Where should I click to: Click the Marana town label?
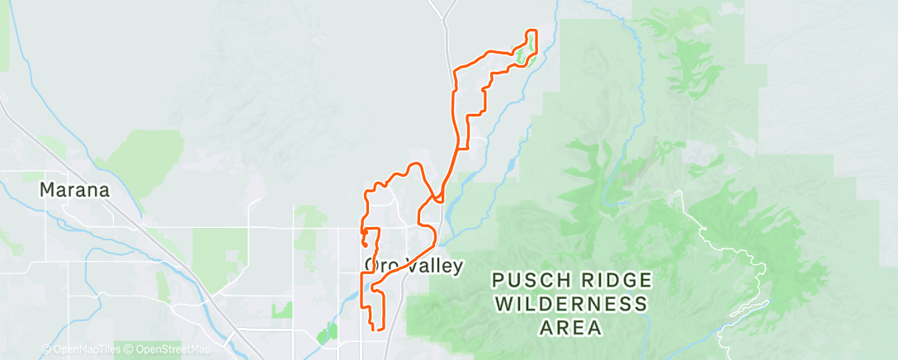tap(74, 190)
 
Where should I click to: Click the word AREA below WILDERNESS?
tap(569, 328)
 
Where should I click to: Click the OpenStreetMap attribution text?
tap(169, 350)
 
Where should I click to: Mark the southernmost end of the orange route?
tap(378, 329)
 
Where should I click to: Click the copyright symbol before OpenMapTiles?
tap(45, 350)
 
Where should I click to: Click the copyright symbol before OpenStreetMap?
tap(129, 350)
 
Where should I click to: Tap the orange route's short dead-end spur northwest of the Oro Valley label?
tap(364, 241)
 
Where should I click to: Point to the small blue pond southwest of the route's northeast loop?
tap(508, 164)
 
